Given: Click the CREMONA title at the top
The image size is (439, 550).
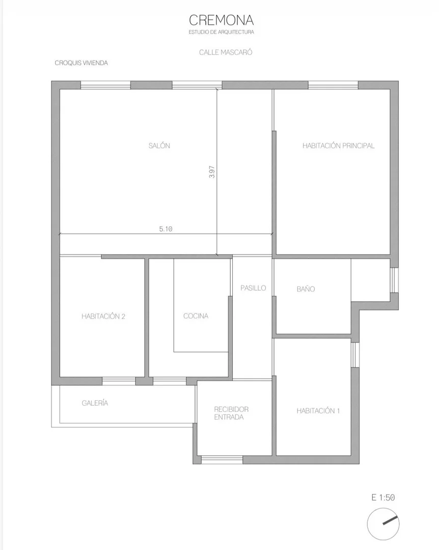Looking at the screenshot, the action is point(221,20).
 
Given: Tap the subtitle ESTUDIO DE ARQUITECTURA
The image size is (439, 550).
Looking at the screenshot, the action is point(221,32).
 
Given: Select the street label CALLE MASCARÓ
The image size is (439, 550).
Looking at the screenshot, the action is point(226,53).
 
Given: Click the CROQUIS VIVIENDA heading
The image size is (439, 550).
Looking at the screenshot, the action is point(81,63).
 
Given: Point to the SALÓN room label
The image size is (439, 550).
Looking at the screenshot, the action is point(159,146).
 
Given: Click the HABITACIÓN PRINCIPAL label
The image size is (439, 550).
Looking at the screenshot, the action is point(339,146).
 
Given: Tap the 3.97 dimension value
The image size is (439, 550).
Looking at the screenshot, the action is point(212,171).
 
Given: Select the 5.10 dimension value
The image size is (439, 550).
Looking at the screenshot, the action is point(166,229).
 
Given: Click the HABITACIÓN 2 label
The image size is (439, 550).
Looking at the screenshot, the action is point(103,317).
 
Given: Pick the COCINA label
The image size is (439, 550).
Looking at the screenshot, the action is point(196,316).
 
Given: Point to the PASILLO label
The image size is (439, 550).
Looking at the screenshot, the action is point(253,288).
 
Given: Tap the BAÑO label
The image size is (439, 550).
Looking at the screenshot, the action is point(306,289).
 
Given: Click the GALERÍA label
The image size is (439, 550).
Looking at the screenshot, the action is point(95,403).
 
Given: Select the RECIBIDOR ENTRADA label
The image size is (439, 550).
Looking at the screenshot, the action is point(231,413).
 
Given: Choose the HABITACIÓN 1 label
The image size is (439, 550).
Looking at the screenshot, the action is point(318,411).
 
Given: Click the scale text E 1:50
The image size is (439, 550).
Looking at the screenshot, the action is point(383,497).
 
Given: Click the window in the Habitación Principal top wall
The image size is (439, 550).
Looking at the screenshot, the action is point(333,85).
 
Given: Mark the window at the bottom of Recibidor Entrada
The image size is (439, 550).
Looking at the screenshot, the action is point(222,459).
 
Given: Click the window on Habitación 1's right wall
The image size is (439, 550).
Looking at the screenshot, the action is point(355,355).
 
